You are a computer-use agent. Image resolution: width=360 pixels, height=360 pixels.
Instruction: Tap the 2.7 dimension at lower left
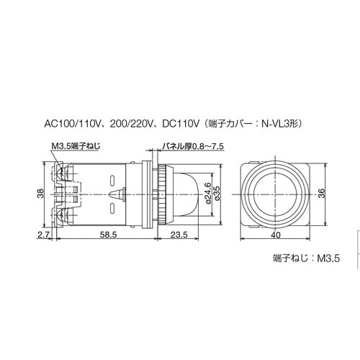click(x=42, y=235)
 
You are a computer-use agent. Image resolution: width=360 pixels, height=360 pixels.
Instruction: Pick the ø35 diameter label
click(x=217, y=192)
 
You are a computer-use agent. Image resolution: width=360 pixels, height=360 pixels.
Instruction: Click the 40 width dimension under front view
click(x=276, y=235)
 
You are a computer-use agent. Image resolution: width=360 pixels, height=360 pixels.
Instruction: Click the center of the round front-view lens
click(x=276, y=192)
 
